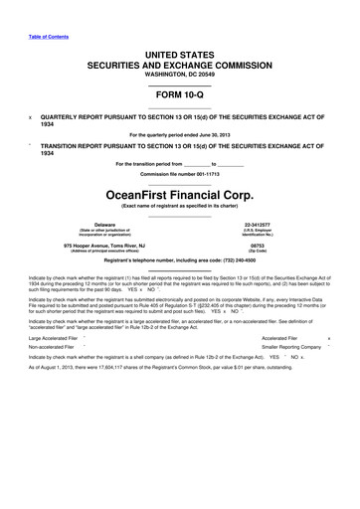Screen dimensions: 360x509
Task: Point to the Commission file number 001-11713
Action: [x=180, y=175]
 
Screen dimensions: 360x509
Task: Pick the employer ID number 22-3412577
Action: [x=257, y=225]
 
